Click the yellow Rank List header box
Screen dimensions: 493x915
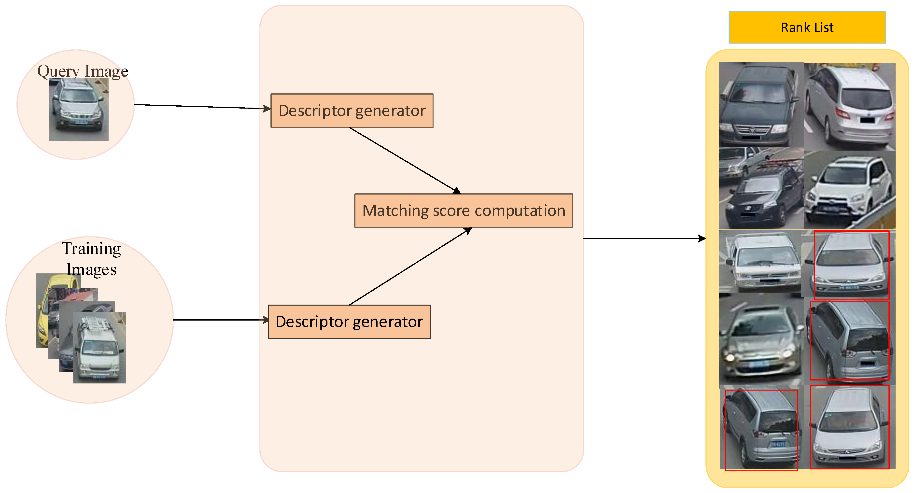(x=807, y=27)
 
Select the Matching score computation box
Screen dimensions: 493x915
(x=464, y=211)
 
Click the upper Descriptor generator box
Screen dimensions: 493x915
(x=352, y=111)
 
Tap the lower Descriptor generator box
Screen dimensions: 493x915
(x=349, y=322)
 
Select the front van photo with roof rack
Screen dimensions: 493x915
(x=99, y=348)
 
